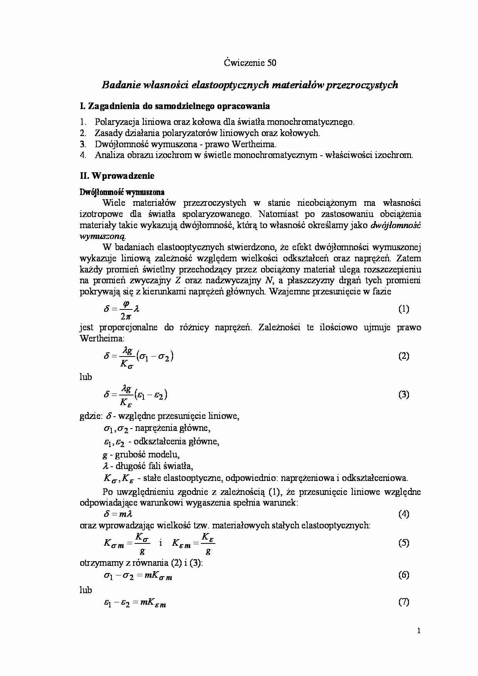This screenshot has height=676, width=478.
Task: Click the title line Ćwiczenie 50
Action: click(250, 63)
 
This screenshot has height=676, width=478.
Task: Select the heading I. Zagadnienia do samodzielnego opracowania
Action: click(175, 106)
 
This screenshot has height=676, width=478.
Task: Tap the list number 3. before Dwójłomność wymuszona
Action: click(83, 145)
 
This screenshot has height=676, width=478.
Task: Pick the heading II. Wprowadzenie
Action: click(117, 176)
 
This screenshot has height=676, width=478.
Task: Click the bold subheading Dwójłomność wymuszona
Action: click(122, 192)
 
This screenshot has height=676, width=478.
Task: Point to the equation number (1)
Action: click(403, 309)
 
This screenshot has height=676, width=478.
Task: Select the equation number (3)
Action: click(403, 395)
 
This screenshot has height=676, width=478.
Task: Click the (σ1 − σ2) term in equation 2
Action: click(154, 356)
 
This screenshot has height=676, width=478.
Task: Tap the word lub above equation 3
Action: click(86, 377)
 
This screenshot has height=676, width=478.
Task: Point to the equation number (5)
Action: click(403, 543)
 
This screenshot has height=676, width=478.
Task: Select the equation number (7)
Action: click(403, 602)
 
